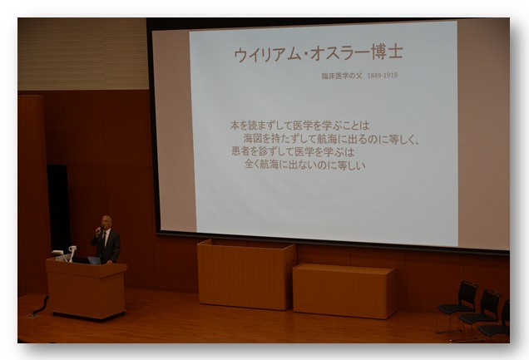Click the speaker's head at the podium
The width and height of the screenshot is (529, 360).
click(106, 222)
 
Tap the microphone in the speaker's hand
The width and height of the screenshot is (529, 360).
click(99, 230)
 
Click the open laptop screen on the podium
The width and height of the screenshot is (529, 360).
click(95, 260)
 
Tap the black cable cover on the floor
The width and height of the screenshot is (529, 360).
click(40, 307)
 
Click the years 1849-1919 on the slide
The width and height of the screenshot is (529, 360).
click(382, 75)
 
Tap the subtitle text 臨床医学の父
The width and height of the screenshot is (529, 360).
click(341, 76)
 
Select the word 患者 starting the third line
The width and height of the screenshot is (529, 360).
click(240, 150)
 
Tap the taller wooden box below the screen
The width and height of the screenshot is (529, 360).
click(246, 274)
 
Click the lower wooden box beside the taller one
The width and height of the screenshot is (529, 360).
click(344, 290)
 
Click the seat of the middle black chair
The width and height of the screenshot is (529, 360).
click(477, 318)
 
